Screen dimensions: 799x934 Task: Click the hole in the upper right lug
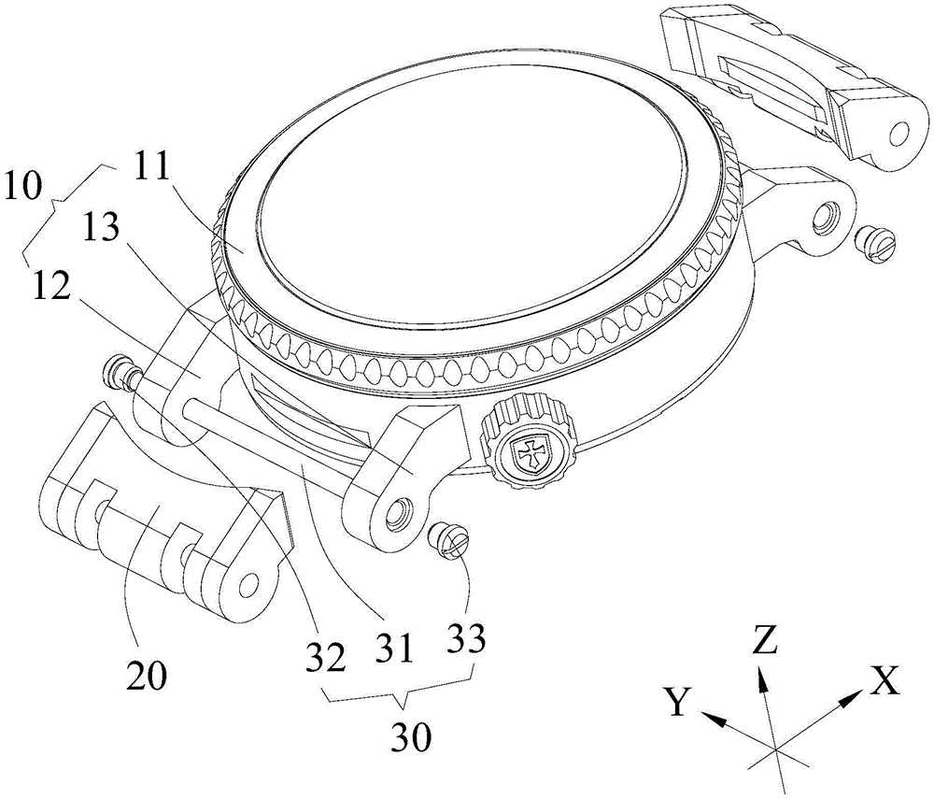(822, 219)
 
